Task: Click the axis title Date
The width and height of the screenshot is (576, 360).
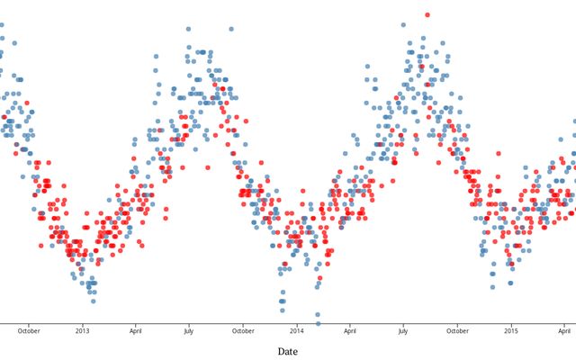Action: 288,351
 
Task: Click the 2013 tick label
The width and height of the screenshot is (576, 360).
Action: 82,330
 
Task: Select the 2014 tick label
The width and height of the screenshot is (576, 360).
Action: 296,330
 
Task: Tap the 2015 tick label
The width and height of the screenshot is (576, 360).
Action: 510,330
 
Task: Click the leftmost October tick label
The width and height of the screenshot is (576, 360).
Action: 29,330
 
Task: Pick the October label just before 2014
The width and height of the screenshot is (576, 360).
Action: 243,330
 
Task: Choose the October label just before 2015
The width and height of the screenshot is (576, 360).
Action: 457,330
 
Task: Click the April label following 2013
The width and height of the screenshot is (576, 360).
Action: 135,330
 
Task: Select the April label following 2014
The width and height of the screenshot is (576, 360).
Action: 349,330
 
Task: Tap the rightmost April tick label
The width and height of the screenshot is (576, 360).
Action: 563,330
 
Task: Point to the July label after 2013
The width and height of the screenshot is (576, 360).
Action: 188,330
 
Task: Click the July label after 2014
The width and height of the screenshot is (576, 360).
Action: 402,330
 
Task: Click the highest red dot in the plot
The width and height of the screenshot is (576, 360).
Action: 427,14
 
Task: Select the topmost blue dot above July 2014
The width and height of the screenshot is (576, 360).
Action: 402,25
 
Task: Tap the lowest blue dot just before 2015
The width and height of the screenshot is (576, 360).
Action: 492,287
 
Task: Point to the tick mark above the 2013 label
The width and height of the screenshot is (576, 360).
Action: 82,322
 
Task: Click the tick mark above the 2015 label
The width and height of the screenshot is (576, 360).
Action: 510,322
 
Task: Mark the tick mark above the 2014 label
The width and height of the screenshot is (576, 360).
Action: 296,322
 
